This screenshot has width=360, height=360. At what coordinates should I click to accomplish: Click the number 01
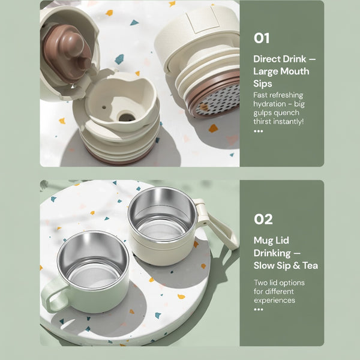(262, 38)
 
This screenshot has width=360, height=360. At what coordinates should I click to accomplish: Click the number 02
(263, 219)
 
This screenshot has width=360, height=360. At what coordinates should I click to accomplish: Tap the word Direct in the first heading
(267, 59)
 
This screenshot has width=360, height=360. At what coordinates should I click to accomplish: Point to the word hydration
(269, 103)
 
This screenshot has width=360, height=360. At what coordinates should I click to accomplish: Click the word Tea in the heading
(309, 265)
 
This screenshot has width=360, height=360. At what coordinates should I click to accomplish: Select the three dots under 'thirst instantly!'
(258, 131)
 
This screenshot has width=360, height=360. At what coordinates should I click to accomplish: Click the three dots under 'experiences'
(258, 310)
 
